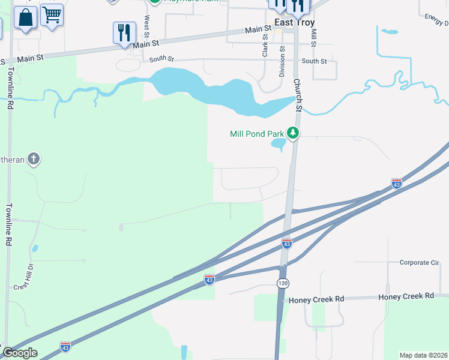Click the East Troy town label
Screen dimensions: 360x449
294,22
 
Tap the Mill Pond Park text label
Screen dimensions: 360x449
257,134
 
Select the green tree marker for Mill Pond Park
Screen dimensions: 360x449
293,133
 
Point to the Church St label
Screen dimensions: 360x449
297,95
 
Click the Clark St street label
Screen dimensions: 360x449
264,46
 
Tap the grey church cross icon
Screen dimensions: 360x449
34,159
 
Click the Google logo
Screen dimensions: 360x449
20,353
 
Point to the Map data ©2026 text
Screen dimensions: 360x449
424,355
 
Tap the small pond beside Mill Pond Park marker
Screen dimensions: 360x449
278,144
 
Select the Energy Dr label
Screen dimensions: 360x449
436,20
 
